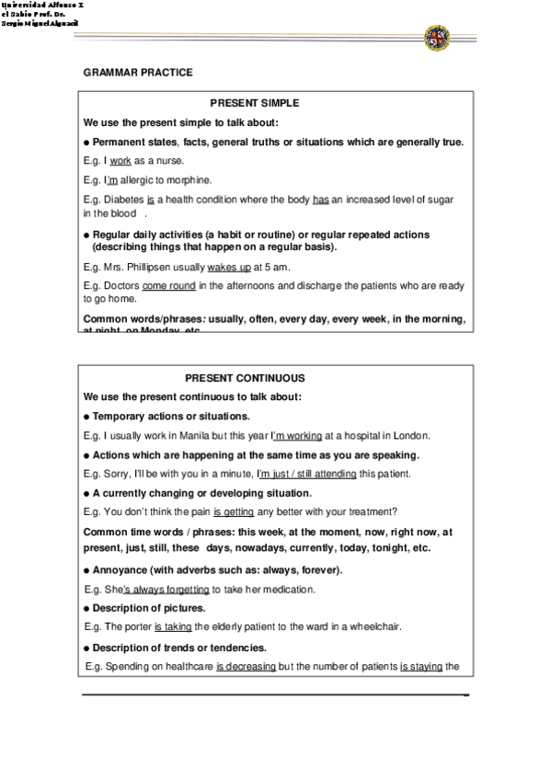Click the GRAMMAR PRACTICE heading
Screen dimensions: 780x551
pos(138,72)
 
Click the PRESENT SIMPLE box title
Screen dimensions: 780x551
pos(255,103)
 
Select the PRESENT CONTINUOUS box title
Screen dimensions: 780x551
pos(245,378)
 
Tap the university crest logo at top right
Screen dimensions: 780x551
pos(437,39)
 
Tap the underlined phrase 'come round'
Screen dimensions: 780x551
pos(168,286)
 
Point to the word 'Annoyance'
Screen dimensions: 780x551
pos(121,570)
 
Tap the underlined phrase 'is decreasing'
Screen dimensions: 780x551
pos(246,666)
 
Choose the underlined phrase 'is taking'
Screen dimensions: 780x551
pos(172,627)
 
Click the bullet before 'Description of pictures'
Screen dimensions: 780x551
pos(86,609)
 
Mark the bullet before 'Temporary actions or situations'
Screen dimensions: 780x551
pos(86,417)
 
